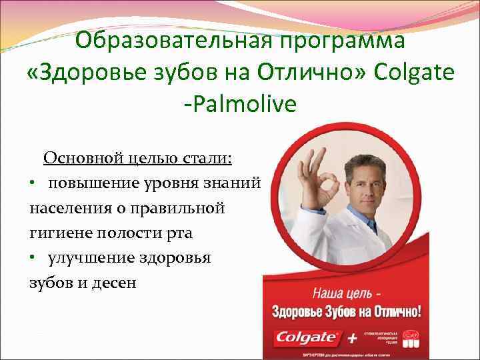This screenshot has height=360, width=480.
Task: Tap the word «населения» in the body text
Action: tap(64, 208)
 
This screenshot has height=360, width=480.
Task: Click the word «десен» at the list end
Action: tap(117, 283)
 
